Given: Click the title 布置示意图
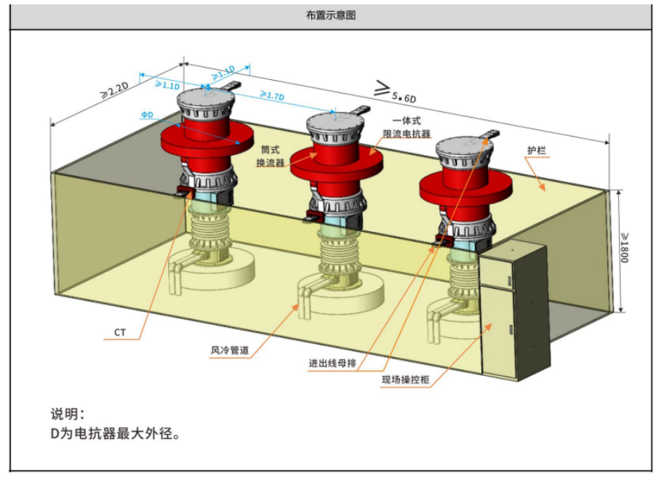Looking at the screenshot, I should point(331,15).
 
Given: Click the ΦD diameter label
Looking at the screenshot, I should point(148,114).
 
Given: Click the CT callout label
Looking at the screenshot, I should point(120,332).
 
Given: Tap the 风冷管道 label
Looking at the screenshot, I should point(230,350).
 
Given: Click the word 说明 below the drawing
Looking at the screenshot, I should point(67,414).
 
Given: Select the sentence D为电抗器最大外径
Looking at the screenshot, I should point(113,434).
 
